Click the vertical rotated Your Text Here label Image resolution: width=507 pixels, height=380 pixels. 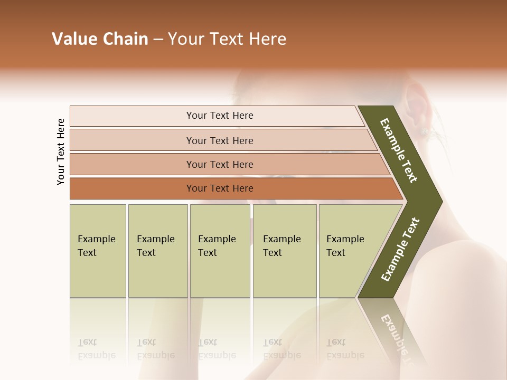point(61,151)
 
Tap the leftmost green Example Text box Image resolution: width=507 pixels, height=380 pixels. point(98,251)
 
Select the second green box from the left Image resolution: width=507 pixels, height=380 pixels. point(157,251)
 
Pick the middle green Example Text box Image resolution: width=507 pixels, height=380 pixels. point(220,251)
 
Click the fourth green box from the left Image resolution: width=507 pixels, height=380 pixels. point(285,251)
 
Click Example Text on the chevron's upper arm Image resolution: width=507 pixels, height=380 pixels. point(399,150)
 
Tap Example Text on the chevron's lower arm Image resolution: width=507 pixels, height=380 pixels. point(400,249)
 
